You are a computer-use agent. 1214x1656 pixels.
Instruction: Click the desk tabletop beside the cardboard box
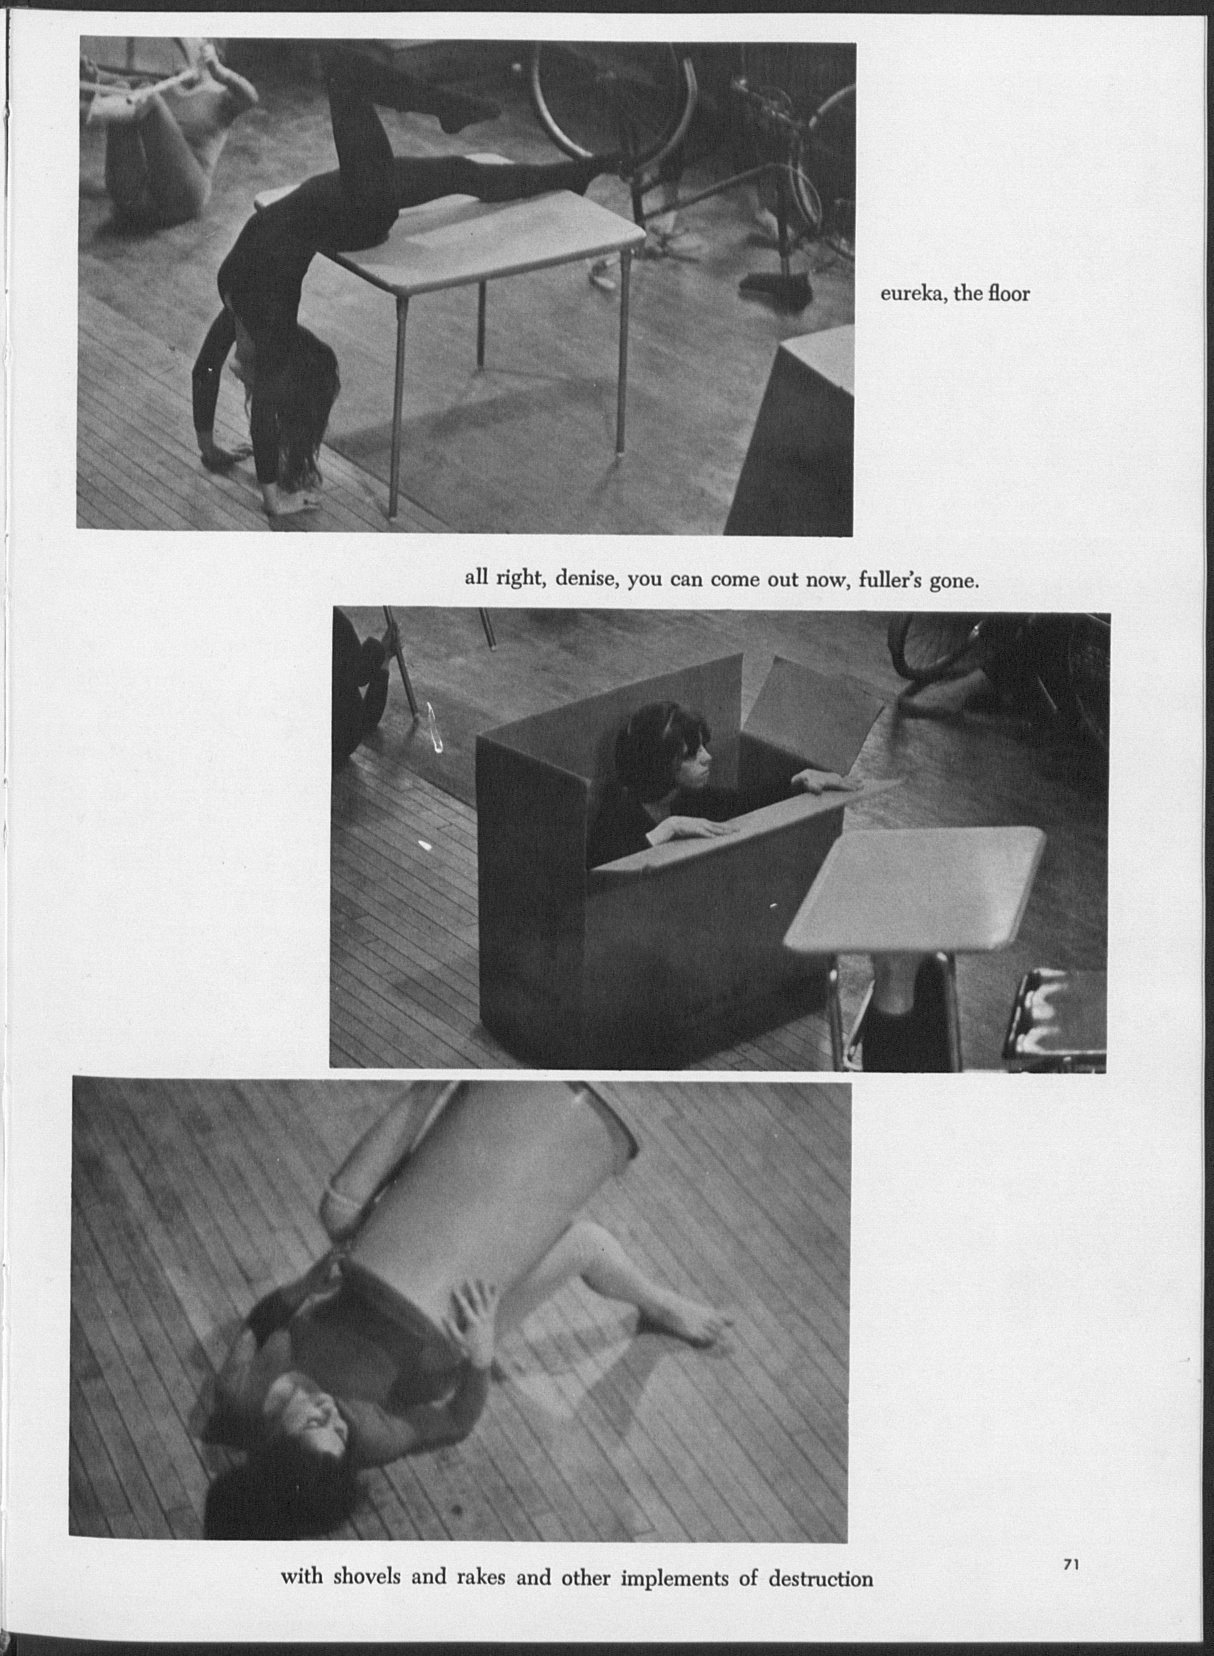(916, 889)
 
